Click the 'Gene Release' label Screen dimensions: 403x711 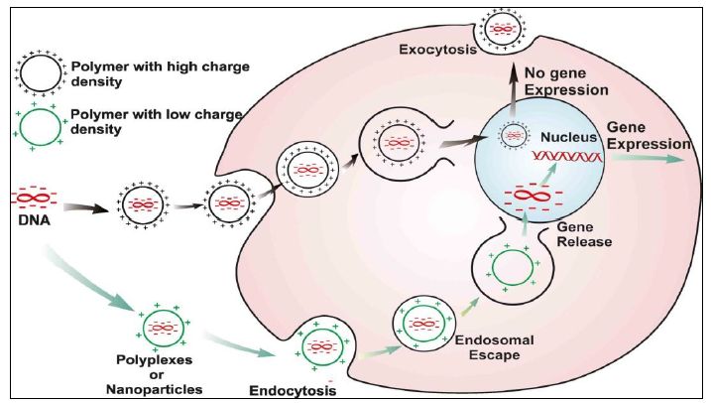[x=585, y=234]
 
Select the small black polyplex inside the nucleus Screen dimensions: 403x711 [x=512, y=134]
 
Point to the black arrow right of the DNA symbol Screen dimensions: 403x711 [x=81, y=208]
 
